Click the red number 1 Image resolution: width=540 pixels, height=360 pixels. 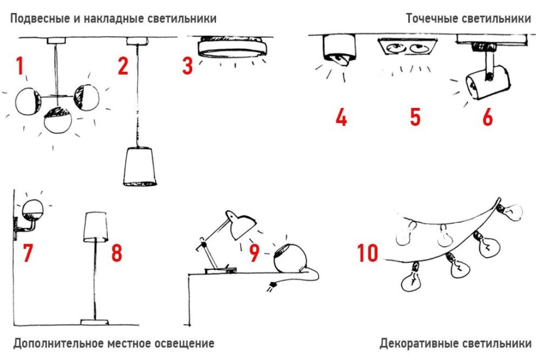point(20,66)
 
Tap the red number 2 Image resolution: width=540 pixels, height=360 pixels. point(122,66)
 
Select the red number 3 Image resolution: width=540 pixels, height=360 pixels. point(188,66)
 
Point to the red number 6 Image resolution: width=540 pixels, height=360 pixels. point(487,117)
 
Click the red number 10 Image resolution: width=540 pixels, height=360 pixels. point(368,253)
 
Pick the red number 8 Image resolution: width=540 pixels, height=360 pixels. point(116,253)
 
